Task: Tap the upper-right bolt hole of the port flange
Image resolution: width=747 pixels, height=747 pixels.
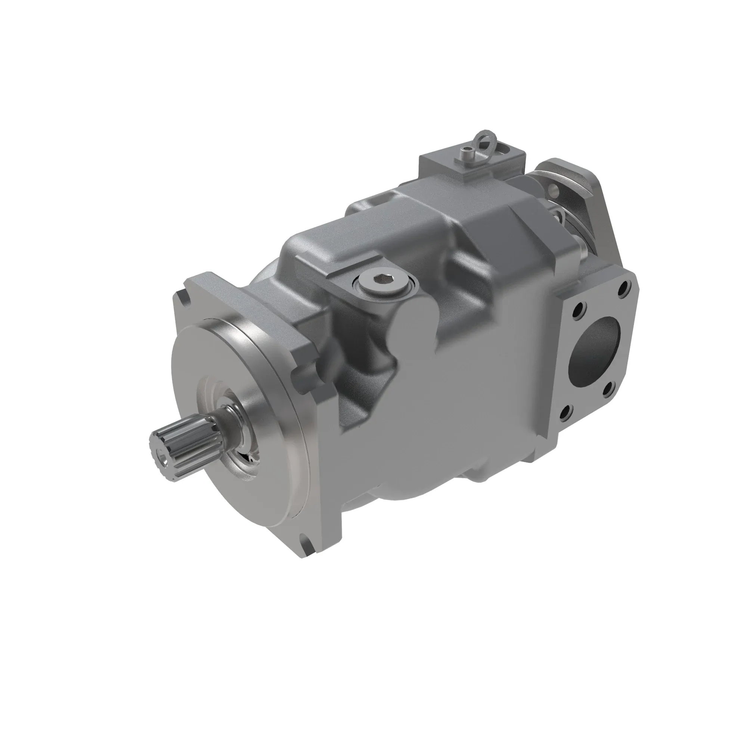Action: click(623, 288)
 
